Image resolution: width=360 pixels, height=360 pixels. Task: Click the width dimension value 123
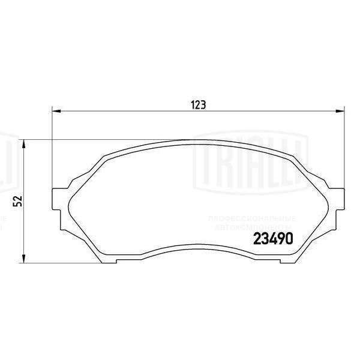[x=199, y=104]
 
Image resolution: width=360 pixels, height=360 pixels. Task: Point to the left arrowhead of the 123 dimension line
[x=56, y=111]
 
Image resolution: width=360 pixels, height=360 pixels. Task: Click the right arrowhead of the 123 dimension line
[x=342, y=111]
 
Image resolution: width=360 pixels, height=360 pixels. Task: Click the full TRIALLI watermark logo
[x=253, y=158]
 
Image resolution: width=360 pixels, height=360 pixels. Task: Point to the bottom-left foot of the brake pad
[x=107, y=259]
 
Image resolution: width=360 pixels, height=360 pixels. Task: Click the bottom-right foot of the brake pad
[x=290, y=259]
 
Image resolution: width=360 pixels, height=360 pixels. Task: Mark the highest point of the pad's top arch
[x=199, y=142]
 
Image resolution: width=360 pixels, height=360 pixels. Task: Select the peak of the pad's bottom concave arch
[x=199, y=246]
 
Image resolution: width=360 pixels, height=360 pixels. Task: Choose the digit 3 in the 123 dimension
[x=204, y=104]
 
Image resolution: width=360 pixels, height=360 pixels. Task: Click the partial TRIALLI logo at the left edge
[x=5, y=159]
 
